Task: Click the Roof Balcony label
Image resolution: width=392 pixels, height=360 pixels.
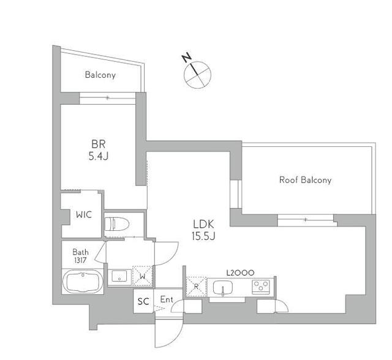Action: [305, 180]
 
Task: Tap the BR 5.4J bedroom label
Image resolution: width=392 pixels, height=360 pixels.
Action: [99, 150]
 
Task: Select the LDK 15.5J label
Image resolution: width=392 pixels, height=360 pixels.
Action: [203, 230]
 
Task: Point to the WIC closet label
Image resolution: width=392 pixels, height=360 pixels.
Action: [84, 215]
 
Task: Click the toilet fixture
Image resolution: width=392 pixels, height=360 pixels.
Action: [117, 224]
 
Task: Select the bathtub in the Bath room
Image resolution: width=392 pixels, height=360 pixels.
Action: [83, 281]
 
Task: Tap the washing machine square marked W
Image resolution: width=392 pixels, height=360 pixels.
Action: [142, 276]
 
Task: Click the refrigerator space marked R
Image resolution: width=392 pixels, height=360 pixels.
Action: [196, 287]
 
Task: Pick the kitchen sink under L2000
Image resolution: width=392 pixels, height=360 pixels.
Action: [223, 288]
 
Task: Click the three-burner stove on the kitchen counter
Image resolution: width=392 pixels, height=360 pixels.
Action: [261, 287]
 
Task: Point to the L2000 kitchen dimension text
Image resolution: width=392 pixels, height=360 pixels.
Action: [240, 272]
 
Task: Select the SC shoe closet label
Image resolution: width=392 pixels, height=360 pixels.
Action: [143, 302]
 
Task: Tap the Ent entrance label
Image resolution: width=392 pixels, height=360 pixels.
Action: [167, 299]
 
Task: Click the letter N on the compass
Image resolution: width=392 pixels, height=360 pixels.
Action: [187, 58]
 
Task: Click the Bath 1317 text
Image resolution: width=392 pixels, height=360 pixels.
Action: [80, 256]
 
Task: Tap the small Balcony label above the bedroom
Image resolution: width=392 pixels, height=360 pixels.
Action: [100, 75]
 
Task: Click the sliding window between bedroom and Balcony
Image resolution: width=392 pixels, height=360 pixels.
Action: [108, 98]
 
